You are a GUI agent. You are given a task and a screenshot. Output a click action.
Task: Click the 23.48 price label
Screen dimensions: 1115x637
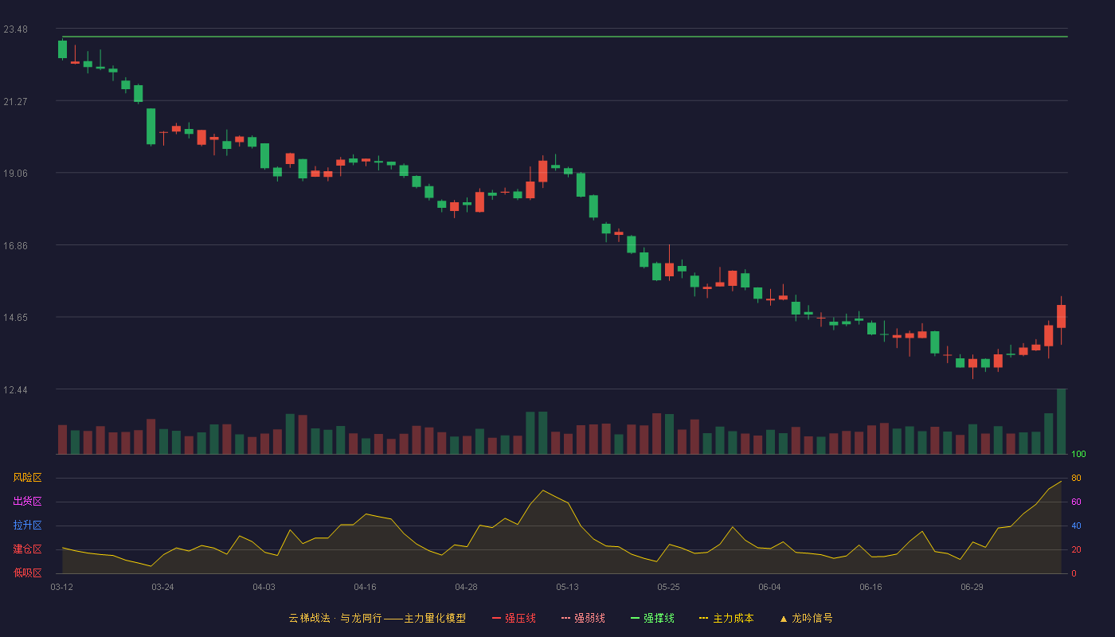(x=15, y=29)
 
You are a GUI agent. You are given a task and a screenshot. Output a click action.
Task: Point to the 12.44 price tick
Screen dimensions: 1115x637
(x=15, y=389)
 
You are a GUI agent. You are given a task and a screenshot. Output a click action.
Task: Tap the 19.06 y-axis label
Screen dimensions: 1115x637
(x=15, y=174)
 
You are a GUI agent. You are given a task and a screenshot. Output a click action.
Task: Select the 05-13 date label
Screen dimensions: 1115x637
(x=567, y=588)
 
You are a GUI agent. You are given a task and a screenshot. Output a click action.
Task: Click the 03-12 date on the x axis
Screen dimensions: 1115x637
(x=62, y=588)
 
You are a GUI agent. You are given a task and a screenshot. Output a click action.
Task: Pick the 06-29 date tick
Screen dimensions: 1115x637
(x=972, y=588)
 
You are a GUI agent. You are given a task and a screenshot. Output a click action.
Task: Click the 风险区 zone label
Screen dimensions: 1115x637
(x=27, y=478)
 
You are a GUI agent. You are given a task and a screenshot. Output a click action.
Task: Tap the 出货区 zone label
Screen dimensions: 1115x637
(x=27, y=501)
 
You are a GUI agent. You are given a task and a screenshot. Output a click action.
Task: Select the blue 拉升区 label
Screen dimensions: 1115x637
(x=27, y=525)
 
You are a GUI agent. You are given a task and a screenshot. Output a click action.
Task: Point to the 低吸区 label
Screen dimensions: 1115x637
(x=27, y=573)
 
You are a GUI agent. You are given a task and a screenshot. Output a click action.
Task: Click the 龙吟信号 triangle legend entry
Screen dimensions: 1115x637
(x=806, y=618)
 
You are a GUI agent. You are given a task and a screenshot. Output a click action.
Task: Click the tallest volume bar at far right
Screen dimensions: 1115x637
(x=1061, y=421)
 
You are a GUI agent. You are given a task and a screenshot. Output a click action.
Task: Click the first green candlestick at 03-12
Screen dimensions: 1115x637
(x=62, y=49)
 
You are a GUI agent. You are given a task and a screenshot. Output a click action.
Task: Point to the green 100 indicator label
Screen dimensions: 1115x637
(x=1078, y=454)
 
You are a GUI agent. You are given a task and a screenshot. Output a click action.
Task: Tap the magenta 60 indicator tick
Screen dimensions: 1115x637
(x=1076, y=502)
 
